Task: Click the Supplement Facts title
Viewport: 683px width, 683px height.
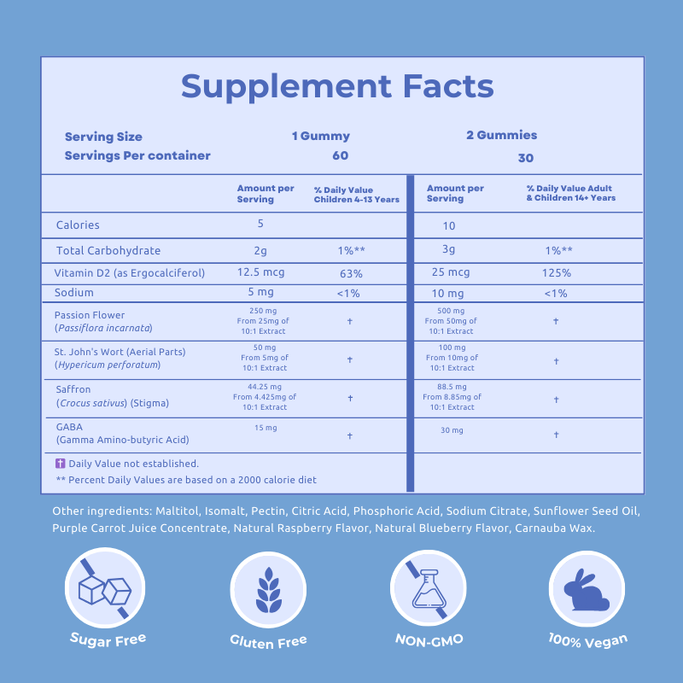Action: tap(337, 86)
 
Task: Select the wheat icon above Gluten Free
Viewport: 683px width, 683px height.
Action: tap(268, 590)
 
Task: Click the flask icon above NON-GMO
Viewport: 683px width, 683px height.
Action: tap(429, 588)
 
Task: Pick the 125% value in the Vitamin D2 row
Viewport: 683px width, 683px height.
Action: tap(555, 273)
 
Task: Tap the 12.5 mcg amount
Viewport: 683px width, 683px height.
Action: tap(260, 272)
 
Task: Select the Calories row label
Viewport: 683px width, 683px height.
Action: tap(78, 225)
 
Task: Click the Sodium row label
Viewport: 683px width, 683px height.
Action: tap(73, 293)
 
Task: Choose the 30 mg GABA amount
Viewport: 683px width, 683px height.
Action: tap(451, 430)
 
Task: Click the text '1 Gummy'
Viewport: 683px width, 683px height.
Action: tap(321, 136)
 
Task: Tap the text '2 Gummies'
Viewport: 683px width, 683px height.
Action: tap(502, 135)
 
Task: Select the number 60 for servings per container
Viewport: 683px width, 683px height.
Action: tap(341, 155)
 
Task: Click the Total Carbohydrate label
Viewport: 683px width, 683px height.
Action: tap(108, 251)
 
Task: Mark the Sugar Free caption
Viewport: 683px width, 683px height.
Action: tap(108, 639)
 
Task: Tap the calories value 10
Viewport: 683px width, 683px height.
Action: tap(449, 226)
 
